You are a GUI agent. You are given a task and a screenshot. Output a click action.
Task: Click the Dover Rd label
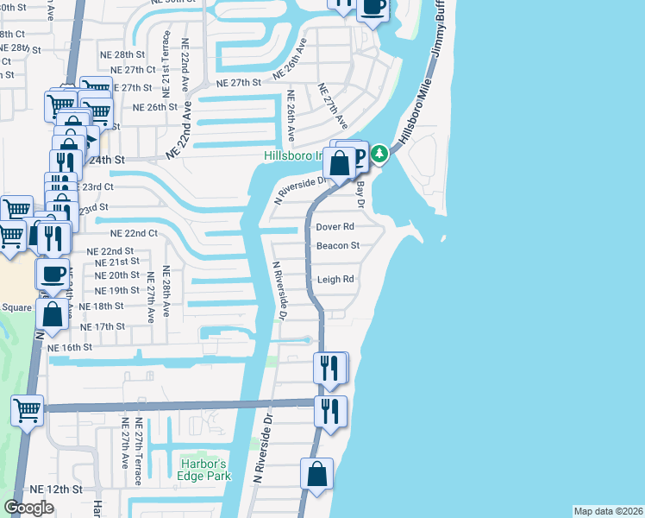pyautogui.click(x=335, y=227)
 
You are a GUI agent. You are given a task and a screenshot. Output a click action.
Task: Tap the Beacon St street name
pyautogui.click(x=337, y=245)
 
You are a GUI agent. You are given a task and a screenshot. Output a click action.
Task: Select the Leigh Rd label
pyautogui.click(x=335, y=279)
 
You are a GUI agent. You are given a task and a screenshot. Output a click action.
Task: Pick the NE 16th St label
pyautogui.click(x=70, y=347)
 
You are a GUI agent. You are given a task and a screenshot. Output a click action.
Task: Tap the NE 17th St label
pyautogui.click(x=102, y=326)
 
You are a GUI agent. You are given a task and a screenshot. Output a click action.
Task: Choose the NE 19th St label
pyautogui.click(x=117, y=290)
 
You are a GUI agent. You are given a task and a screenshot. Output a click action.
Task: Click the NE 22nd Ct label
pyautogui.click(x=134, y=232)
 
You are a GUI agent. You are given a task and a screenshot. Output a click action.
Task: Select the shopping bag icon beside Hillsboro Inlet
pyautogui.click(x=341, y=162)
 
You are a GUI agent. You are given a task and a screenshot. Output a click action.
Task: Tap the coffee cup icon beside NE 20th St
pyautogui.click(x=53, y=275)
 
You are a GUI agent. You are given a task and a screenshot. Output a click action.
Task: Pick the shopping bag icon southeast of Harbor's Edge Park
pyautogui.click(x=317, y=474)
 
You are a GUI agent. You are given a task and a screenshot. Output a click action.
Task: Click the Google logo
pyautogui.click(x=28, y=509)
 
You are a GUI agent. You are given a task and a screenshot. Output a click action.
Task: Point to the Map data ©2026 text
pyautogui.click(x=608, y=510)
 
